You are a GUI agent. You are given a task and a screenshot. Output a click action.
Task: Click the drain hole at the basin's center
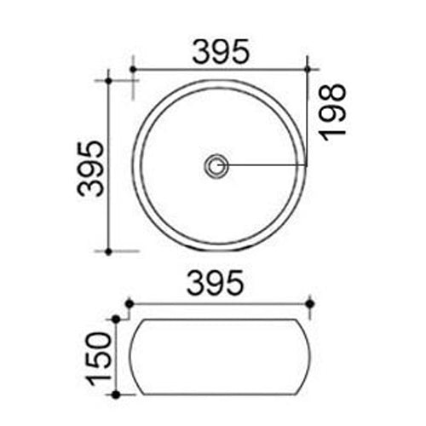[216, 164]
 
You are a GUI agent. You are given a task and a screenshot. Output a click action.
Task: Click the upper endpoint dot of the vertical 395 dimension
[109, 81]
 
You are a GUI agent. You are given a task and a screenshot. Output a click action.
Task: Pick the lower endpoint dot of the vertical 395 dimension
[109, 251]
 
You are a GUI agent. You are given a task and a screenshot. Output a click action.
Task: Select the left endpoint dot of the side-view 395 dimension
[128, 302]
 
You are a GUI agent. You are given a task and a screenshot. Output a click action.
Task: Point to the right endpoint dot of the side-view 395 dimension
[310, 302]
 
